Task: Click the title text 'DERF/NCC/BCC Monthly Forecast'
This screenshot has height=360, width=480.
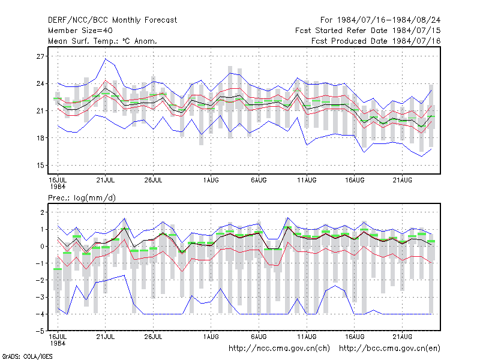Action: pos(112,20)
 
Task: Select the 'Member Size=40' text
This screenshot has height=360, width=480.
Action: pos(80,31)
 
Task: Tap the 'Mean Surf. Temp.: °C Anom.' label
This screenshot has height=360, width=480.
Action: pos(103,41)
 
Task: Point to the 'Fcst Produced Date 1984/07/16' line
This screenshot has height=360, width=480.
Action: pos(376,41)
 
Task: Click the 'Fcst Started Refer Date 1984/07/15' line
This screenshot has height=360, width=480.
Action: pos(368,31)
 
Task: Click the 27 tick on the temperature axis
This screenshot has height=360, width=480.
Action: pos(40,56)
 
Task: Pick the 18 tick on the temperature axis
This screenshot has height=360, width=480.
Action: pos(40,138)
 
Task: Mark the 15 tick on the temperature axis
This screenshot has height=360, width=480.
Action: pos(40,166)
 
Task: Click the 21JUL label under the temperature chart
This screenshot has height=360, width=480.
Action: pos(106,180)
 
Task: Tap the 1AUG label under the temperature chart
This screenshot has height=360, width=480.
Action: pos(211,180)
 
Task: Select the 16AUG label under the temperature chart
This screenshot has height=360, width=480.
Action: pos(355,180)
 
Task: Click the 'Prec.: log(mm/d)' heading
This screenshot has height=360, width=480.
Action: pos(82,198)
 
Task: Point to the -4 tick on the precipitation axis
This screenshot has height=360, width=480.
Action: pos(39,314)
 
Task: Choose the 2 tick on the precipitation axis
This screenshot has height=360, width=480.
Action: pos(42,212)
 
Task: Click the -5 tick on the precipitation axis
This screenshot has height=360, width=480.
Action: pos(39,331)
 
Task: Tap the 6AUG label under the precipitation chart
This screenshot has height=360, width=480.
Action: pos(259,337)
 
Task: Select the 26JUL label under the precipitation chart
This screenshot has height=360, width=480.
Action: pos(153,337)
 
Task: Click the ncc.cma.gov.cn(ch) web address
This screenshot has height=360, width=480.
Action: pos(279,348)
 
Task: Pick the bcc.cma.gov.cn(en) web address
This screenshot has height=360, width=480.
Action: pos(389,348)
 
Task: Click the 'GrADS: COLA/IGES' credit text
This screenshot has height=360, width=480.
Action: pos(27,356)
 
